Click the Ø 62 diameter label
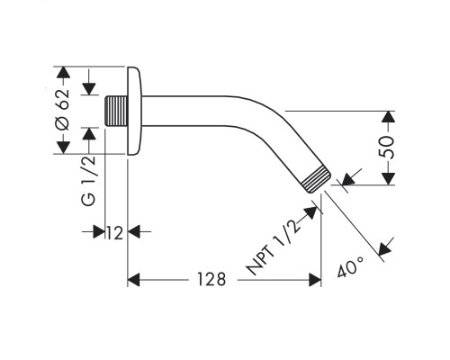click(63, 109)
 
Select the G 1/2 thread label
click(89, 181)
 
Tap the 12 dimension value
click(114, 233)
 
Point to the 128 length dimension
click(211, 279)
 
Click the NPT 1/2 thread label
click(273, 247)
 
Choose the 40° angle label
click(350, 266)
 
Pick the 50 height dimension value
click(386, 148)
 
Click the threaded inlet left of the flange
click(116, 111)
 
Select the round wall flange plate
click(134, 111)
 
